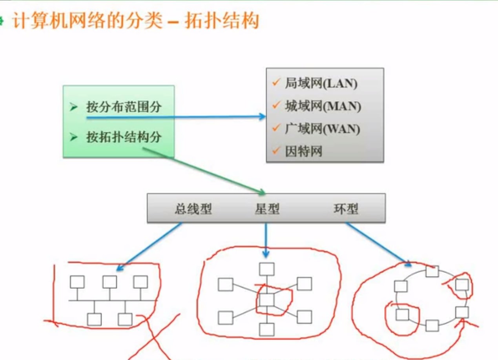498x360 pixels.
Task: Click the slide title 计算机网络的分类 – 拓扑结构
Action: coord(135,21)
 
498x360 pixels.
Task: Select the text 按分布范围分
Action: coord(124,107)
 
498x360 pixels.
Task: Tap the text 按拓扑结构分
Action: coord(124,137)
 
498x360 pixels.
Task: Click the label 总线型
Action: coord(193,209)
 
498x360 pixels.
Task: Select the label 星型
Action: coord(267,209)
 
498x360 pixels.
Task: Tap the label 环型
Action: coord(346,209)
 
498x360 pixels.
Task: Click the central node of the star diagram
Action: coord(267,300)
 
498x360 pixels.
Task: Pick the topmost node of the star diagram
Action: coord(267,269)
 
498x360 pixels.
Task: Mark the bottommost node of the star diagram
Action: coord(267,330)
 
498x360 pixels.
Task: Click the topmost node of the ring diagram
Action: coord(432,271)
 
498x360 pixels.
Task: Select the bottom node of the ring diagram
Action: coord(432,325)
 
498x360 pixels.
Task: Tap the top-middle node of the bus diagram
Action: coord(109,282)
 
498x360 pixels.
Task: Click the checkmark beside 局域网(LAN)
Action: coord(276,82)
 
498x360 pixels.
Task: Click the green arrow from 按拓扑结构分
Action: coord(204,171)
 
